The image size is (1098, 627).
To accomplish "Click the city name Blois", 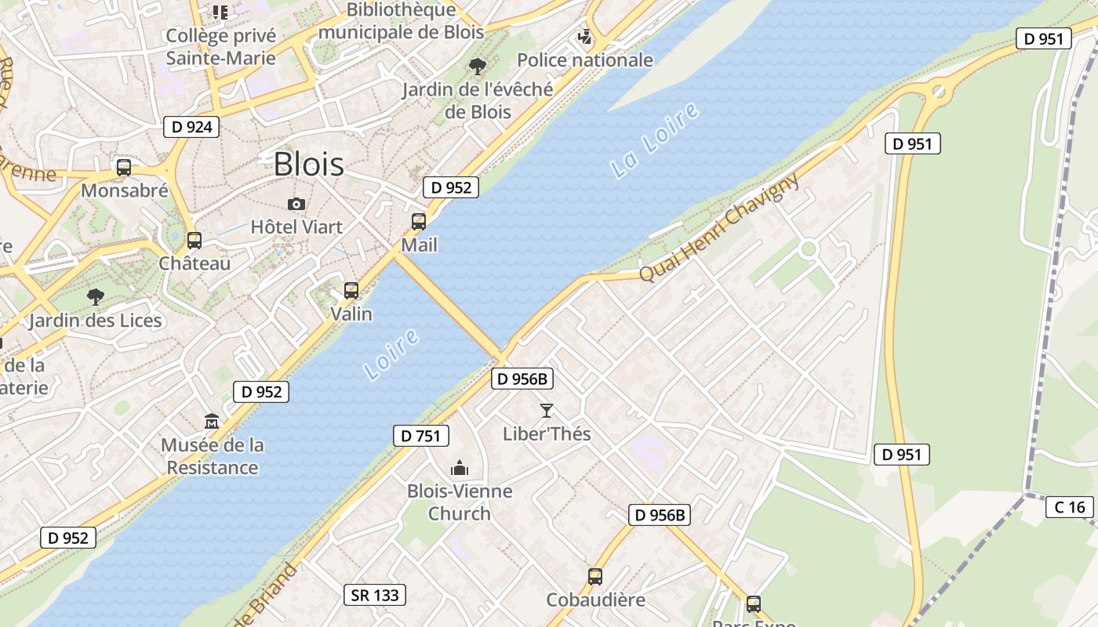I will (x=308, y=165).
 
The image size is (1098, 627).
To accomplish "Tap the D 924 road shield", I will (x=191, y=126).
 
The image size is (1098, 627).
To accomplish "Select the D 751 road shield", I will (x=420, y=436).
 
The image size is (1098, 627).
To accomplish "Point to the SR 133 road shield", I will (x=376, y=595).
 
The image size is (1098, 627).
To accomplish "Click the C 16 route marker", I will (x=1070, y=507).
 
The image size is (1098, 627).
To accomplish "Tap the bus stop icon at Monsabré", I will (x=124, y=168).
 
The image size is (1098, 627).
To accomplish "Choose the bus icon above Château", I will (x=195, y=241).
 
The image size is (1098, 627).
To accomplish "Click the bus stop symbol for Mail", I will (x=419, y=222).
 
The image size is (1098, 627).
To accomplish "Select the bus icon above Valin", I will (x=351, y=291).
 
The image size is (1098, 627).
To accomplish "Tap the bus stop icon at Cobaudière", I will (x=595, y=577).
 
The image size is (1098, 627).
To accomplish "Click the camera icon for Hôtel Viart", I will (x=296, y=205).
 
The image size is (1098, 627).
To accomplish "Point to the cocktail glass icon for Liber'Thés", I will (x=547, y=410).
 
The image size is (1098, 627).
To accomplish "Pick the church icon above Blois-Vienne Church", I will (x=460, y=469).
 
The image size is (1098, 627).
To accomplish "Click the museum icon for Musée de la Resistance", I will (x=212, y=422).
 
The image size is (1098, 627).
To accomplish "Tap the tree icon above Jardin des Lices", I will (x=95, y=297).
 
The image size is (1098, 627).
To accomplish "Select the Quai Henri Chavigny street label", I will (x=720, y=227).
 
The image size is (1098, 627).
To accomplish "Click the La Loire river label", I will (x=654, y=140).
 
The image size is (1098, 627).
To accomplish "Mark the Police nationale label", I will (x=584, y=60).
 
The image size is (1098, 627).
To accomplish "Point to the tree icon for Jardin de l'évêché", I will (x=477, y=67).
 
